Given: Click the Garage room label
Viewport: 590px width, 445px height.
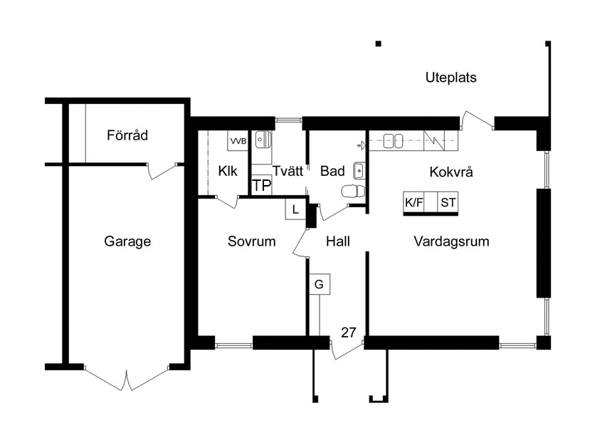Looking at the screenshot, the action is pyautogui.click(x=127, y=241).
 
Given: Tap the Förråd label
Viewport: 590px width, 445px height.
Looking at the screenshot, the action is pyautogui.click(x=127, y=135).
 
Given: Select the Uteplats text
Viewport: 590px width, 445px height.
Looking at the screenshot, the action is pyautogui.click(x=451, y=78).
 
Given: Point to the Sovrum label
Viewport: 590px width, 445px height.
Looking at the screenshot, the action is pyautogui.click(x=251, y=241).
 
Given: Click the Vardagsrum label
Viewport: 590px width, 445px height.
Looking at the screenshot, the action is pyautogui.click(x=451, y=241).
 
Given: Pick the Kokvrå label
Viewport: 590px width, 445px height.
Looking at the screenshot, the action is pyautogui.click(x=451, y=172).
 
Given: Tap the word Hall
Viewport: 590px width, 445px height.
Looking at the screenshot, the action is pyautogui.click(x=338, y=241).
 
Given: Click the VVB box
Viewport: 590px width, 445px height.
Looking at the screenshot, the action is pyautogui.click(x=238, y=141).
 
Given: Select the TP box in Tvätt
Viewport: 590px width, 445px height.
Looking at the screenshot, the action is pyautogui.click(x=261, y=185).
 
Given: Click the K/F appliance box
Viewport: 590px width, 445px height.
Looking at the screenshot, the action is pyautogui.click(x=414, y=202).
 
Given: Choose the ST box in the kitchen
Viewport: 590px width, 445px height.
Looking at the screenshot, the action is pyautogui.click(x=448, y=202).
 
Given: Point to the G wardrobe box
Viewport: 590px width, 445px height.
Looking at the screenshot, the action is pyautogui.click(x=319, y=284).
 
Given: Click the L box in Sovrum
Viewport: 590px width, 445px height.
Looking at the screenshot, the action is pyautogui.click(x=295, y=209).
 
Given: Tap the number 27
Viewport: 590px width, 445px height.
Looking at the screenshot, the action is pyautogui.click(x=349, y=333).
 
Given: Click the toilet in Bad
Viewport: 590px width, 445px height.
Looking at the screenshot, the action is pyautogui.click(x=353, y=191).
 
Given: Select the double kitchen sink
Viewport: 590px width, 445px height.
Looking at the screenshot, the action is pyautogui.click(x=393, y=141).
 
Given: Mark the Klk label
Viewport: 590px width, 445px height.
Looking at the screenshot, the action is pyautogui.click(x=228, y=172).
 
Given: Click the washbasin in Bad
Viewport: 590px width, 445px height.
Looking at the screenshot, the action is pyautogui.click(x=359, y=171).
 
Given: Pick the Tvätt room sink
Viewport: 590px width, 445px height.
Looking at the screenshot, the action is pyautogui.click(x=263, y=140).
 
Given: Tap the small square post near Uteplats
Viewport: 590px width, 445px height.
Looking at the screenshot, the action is pyautogui.click(x=379, y=43).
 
